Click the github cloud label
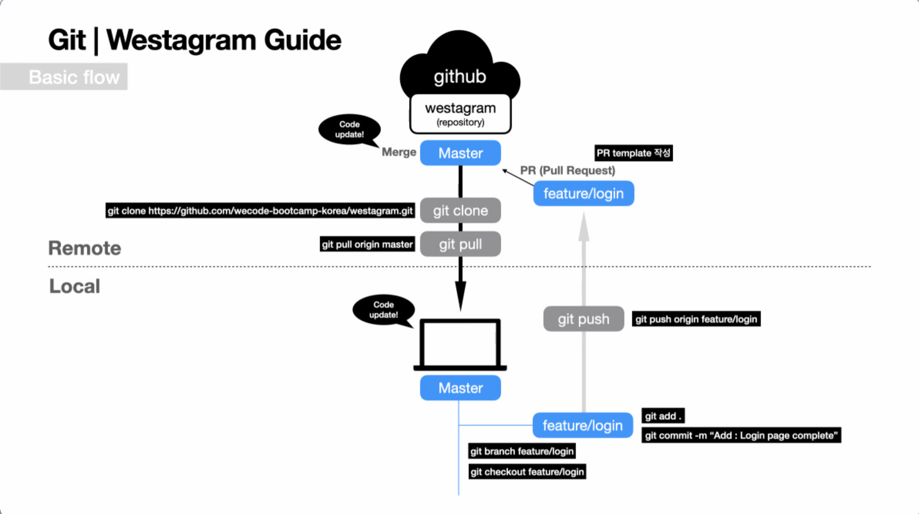[x=460, y=76]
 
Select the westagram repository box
[x=460, y=114]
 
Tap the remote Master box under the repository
[x=460, y=153]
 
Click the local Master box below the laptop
[x=460, y=388]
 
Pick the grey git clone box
[x=460, y=211]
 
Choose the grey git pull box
[x=460, y=244]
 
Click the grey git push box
[x=584, y=319]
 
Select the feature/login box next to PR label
[x=584, y=194]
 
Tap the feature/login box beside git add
[x=583, y=426]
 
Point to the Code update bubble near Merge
[x=349, y=130]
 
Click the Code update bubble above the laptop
[x=384, y=310]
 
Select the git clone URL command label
[x=260, y=211]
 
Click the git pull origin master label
[x=367, y=244]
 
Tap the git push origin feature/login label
[x=696, y=319]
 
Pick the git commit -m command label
[x=741, y=435]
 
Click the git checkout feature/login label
[x=527, y=472]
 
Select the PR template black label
[x=633, y=153]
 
